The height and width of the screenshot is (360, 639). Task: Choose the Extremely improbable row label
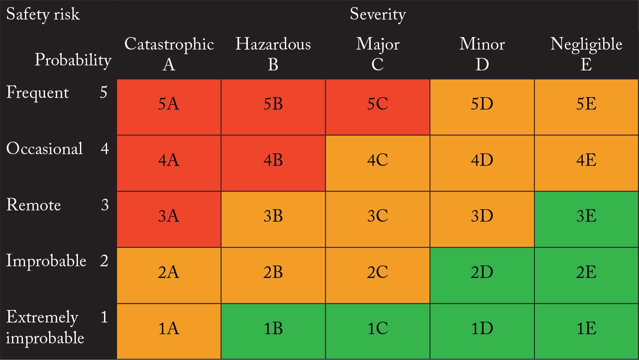click(x=45, y=327)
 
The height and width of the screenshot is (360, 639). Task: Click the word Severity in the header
click(x=377, y=15)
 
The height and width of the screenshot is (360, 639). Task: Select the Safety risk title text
click(x=43, y=15)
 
